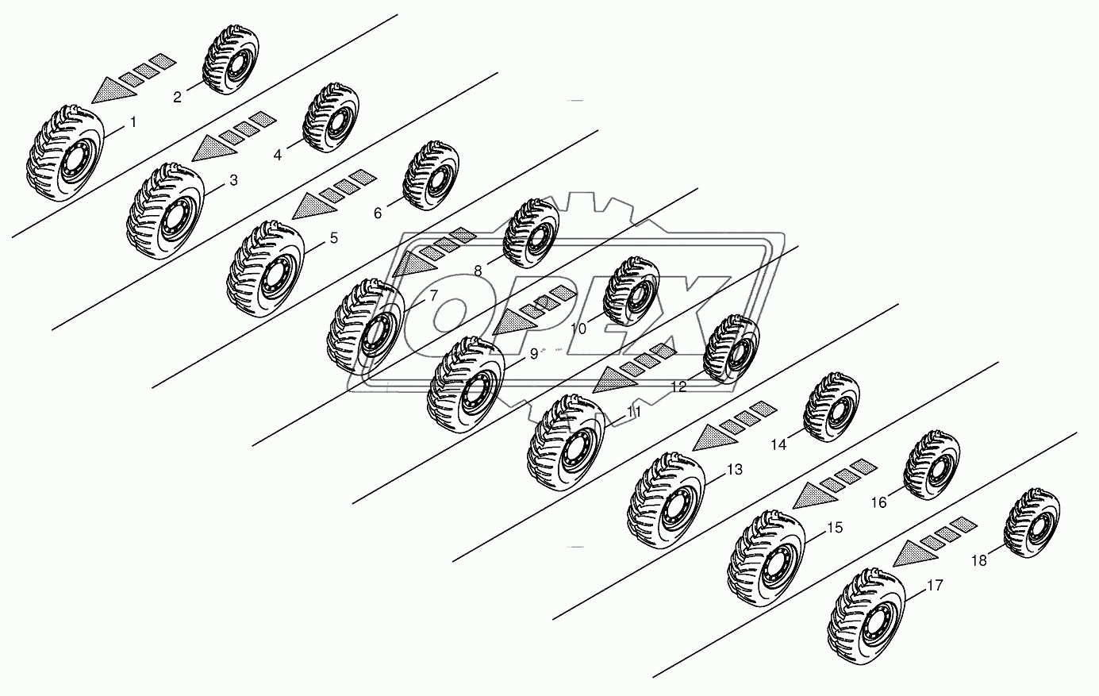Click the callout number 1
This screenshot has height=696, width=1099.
(133, 123)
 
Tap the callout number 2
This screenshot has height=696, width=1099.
(177, 97)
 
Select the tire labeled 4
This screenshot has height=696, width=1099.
(331, 118)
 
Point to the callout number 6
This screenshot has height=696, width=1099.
(378, 213)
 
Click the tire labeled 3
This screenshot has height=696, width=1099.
(165, 212)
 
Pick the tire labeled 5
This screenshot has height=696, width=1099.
(266, 269)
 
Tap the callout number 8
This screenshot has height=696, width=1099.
(478, 271)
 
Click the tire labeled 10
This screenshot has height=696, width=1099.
(631, 291)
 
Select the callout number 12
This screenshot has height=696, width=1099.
(678, 386)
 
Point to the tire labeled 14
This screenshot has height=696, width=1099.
(831, 407)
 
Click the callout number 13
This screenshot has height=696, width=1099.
(735, 470)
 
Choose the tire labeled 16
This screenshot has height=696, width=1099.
(932, 465)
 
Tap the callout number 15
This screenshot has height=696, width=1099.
(835, 528)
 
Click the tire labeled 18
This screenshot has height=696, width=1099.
(1032, 523)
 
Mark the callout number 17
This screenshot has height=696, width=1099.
(935, 586)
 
